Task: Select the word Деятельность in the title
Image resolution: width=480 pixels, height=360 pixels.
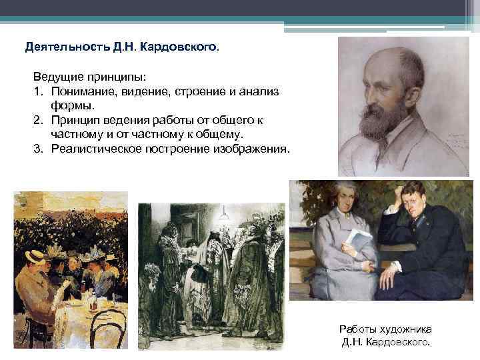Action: point(59,48)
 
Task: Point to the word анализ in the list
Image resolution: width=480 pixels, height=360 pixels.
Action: point(260,92)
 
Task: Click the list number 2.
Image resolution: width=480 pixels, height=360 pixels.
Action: point(38,120)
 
